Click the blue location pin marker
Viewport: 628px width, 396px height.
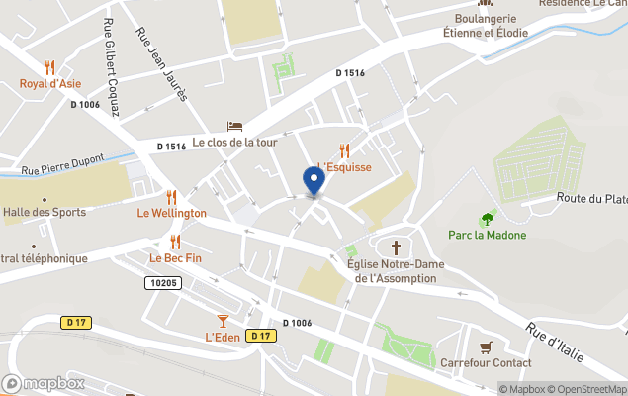click(x=314, y=181)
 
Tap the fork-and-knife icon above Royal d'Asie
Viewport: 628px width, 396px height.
click(x=49, y=67)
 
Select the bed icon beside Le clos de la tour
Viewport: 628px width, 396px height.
click(x=234, y=126)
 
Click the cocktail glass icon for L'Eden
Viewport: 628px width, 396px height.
click(x=223, y=320)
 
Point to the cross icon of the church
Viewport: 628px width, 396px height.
click(x=398, y=247)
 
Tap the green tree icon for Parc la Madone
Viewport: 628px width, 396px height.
click(x=486, y=219)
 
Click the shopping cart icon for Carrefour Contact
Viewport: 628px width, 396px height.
click(x=485, y=346)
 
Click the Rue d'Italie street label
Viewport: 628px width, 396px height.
click(x=555, y=343)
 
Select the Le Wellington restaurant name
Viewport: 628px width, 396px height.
click(x=171, y=213)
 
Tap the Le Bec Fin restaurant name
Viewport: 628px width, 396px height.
click(x=175, y=258)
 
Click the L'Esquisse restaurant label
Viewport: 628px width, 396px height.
click(x=344, y=167)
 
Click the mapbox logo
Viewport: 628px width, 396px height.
click(x=45, y=383)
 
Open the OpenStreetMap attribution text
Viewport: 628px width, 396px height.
click(x=591, y=389)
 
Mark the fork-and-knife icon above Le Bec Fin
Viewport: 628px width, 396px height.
click(x=175, y=242)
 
